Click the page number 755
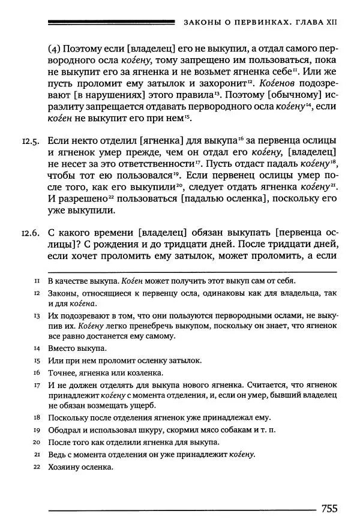pyautogui.click(x=329, y=508)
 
